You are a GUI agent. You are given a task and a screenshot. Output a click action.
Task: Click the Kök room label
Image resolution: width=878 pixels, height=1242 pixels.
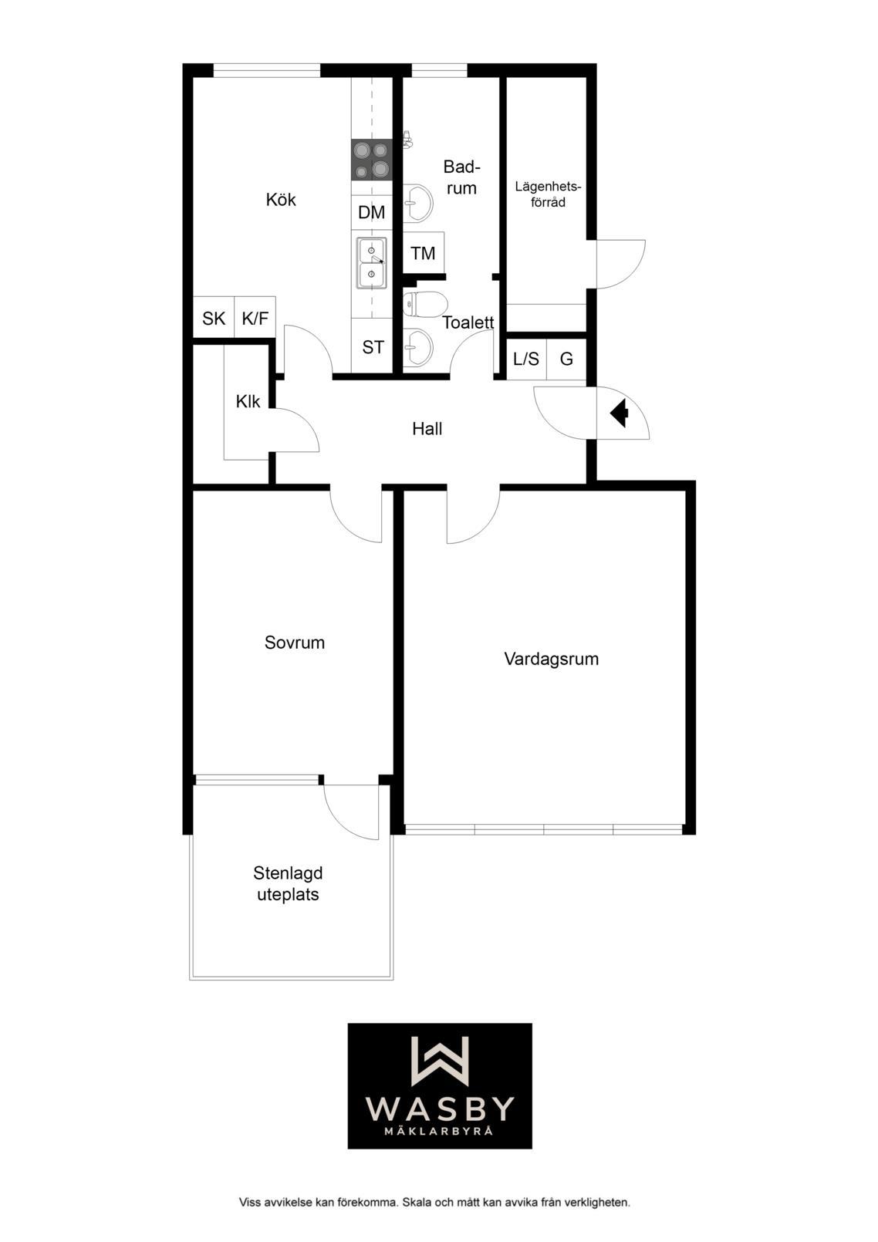281,200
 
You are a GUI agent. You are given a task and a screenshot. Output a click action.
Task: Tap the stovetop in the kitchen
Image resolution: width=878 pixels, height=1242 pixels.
372,159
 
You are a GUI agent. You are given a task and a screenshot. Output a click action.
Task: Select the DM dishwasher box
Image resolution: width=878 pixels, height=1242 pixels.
372,212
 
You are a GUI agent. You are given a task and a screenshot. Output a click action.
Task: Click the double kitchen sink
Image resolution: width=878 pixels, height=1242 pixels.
372,263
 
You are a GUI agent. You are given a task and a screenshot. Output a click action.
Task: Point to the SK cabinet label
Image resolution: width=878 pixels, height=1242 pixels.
214,319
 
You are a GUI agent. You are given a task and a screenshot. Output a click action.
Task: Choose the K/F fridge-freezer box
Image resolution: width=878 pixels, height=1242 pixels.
255,318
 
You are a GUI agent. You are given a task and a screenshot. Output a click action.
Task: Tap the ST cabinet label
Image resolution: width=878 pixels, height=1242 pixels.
373,347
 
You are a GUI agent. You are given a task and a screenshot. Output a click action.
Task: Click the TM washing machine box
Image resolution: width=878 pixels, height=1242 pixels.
424,253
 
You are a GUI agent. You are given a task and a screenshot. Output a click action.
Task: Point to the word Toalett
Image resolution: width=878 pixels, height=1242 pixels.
468,322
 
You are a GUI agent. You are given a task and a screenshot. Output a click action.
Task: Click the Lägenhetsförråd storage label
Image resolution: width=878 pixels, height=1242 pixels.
548,194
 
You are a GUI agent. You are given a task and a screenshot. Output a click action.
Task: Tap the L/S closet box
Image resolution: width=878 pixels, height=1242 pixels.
526,359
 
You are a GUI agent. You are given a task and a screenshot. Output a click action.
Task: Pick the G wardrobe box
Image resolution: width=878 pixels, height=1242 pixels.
566,359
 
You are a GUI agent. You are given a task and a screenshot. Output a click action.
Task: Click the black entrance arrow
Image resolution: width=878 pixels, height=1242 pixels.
619,413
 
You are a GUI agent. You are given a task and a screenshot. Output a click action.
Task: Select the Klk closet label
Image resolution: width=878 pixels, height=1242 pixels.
248,401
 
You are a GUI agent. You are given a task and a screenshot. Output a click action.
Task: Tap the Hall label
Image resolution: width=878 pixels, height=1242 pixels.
427,429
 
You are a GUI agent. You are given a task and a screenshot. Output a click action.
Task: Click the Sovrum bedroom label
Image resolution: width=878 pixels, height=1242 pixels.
295,643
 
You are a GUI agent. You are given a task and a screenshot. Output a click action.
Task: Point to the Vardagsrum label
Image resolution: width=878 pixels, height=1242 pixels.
552,660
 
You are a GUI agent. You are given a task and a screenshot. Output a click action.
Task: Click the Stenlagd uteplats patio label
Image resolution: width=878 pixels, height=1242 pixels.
288,884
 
